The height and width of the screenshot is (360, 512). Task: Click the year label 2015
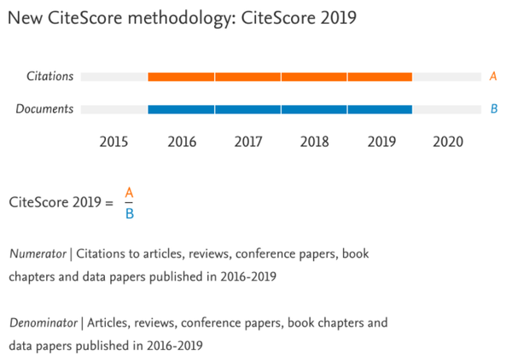pyautogui.click(x=114, y=142)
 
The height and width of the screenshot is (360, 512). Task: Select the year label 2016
pyautogui.click(x=182, y=142)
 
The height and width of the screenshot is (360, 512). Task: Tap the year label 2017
pyautogui.click(x=247, y=142)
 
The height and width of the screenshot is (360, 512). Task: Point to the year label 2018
pyautogui.click(x=314, y=142)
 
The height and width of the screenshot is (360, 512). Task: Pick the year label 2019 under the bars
pyautogui.click(x=381, y=142)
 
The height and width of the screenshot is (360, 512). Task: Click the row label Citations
pyautogui.click(x=49, y=77)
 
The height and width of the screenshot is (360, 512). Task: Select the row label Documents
pyautogui.click(x=46, y=109)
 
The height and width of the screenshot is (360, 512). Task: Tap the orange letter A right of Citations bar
pyautogui.click(x=493, y=77)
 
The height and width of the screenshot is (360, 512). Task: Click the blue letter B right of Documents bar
pyautogui.click(x=493, y=109)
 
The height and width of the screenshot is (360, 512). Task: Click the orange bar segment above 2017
pyautogui.click(x=247, y=77)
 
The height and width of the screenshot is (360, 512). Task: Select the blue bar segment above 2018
pyautogui.click(x=314, y=109)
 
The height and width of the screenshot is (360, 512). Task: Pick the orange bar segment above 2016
pyautogui.click(x=181, y=77)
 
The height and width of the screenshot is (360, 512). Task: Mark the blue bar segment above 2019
pyautogui.click(x=380, y=109)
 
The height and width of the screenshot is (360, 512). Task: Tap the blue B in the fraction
pyautogui.click(x=129, y=213)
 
